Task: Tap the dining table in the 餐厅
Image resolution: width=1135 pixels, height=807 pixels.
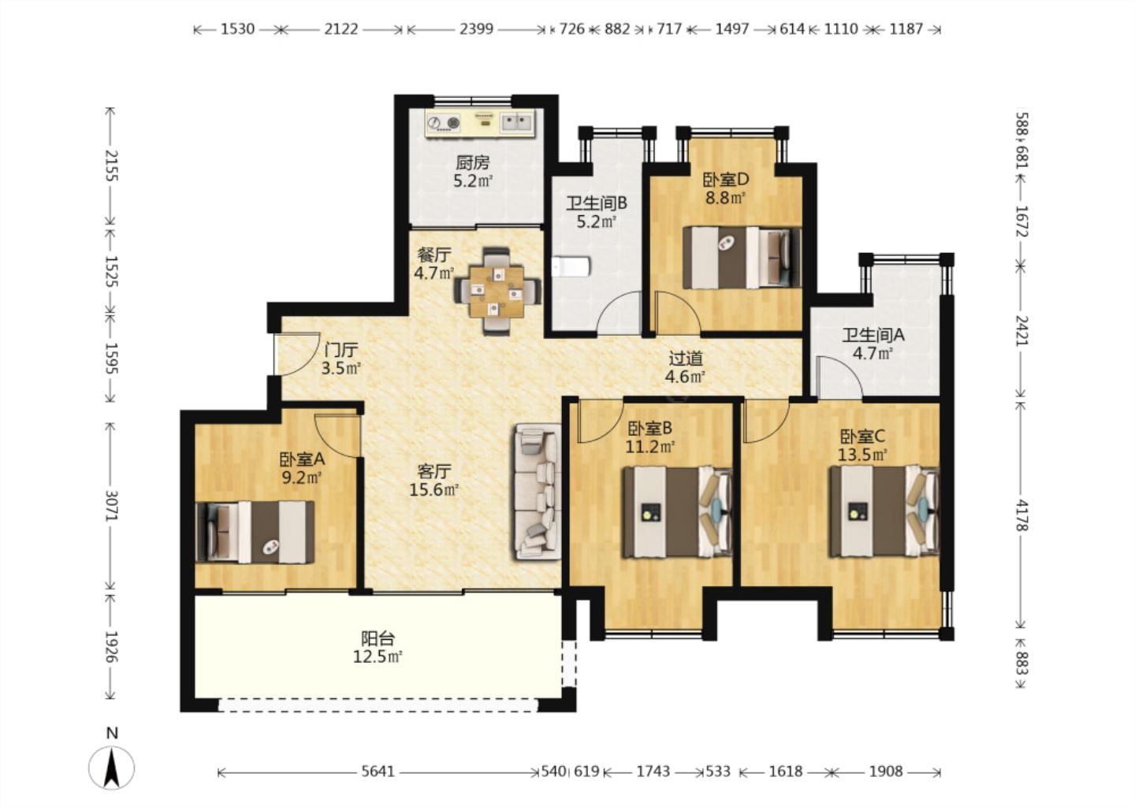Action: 497,292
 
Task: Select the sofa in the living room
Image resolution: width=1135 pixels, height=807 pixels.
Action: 538,492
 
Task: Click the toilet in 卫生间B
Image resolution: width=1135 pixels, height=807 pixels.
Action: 571,267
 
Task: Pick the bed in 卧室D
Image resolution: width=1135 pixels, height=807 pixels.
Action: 742,258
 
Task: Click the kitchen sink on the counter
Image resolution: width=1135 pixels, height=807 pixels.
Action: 516,122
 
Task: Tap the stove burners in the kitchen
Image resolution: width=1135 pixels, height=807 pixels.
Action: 444,123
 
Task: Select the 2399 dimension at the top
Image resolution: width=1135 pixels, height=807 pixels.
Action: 476,29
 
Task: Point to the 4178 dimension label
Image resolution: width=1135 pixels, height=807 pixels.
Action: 1021,515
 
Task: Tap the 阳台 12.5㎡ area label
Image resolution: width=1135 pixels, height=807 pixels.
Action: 378,648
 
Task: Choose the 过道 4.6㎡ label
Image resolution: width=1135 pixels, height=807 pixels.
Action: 685,367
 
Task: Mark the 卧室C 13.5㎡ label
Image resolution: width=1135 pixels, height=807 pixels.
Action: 862,446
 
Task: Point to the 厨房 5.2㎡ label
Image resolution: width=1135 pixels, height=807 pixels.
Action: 473,172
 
